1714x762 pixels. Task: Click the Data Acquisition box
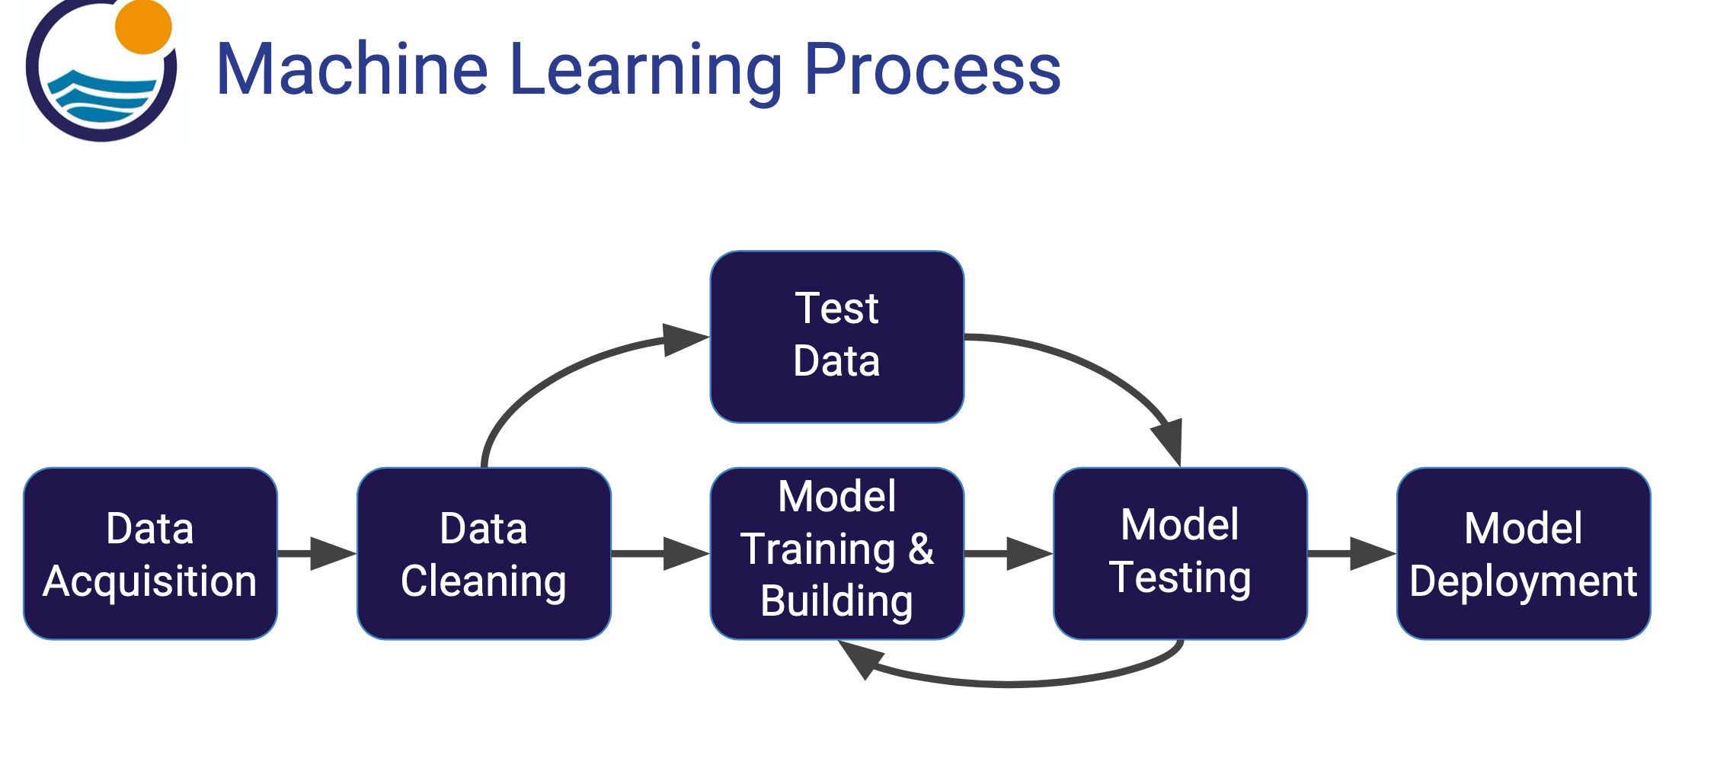click(150, 554)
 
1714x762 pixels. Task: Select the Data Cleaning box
click(484, 554)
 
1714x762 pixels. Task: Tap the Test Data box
click(836, 336)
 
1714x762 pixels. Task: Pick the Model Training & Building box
click(836, 554)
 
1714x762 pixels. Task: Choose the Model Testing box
click(1180, 554)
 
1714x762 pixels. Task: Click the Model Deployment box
click(1524, 554)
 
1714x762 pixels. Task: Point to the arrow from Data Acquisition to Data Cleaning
click(316, 554)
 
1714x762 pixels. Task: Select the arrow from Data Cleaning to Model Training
click(660, 554)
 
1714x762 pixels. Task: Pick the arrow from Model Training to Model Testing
click(1008, 554)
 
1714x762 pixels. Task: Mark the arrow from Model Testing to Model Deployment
click(1351, 554)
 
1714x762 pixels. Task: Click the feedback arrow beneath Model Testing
click(1013, 683)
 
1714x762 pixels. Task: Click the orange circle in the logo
click(143, 27)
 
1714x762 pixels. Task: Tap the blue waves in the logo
click(99, 95)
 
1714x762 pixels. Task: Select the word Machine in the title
click(352, 70)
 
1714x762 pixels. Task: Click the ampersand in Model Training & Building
click(921, 549)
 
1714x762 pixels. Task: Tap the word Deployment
click(1524, 581)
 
